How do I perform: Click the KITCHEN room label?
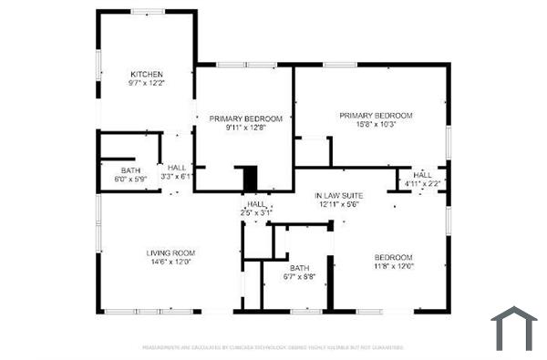146,74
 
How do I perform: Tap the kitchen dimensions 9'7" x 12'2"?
146,83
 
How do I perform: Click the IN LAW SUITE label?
340,196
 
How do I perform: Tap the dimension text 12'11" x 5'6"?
340,205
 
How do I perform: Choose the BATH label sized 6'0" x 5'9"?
130,170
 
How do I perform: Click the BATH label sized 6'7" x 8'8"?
300,267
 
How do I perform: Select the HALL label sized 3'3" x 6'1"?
177,167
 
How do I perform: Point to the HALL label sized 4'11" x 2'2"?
423,174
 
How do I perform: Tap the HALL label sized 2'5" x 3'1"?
256,204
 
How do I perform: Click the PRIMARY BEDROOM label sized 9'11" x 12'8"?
245,118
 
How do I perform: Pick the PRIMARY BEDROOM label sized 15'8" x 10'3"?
377,116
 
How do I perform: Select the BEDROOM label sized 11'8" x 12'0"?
394,257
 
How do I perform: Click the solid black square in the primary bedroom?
247,178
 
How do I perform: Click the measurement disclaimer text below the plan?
273,347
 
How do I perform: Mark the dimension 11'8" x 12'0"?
394,266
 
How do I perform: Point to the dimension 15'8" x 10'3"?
377,125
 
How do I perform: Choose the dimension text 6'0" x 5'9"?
130,180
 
